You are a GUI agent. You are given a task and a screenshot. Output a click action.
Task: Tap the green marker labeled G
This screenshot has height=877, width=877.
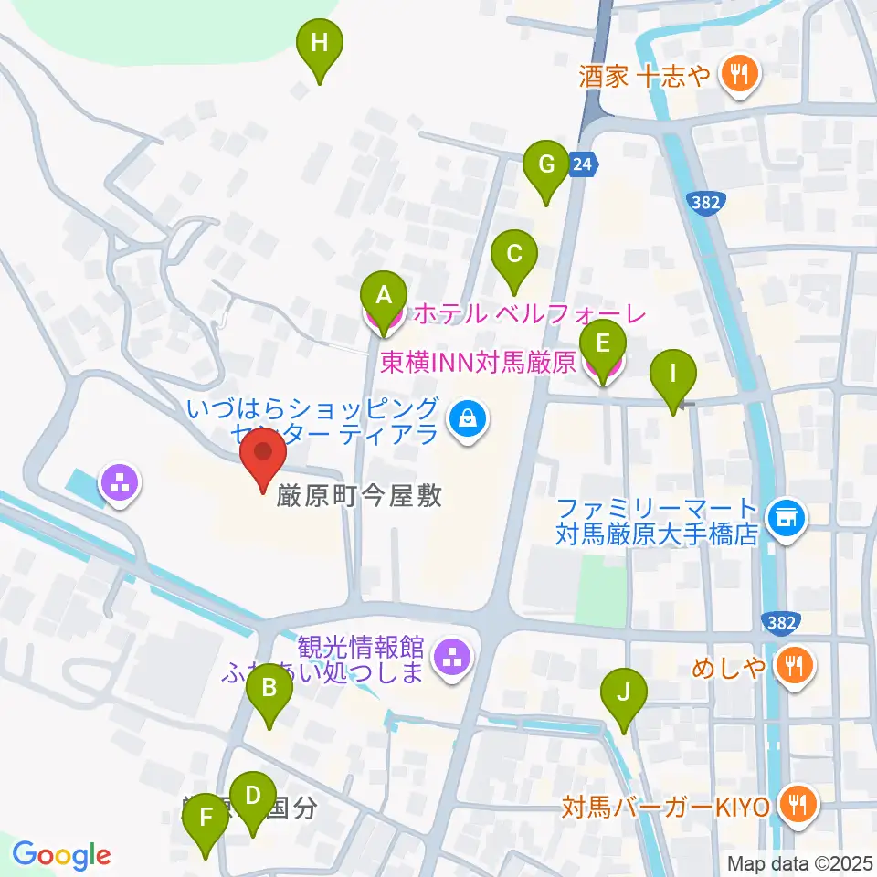pos(545,167)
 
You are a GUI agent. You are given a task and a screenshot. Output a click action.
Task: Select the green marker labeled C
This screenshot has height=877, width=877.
pos(514,255)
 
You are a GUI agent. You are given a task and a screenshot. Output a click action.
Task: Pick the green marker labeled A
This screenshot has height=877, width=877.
pos(384,298)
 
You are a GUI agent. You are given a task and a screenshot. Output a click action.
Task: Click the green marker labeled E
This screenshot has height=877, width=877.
pos(602,346)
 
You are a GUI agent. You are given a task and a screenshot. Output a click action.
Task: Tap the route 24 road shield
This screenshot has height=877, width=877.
pos(584,164)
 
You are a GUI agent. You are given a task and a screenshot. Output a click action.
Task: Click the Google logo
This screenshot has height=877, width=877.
pos(62,855)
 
